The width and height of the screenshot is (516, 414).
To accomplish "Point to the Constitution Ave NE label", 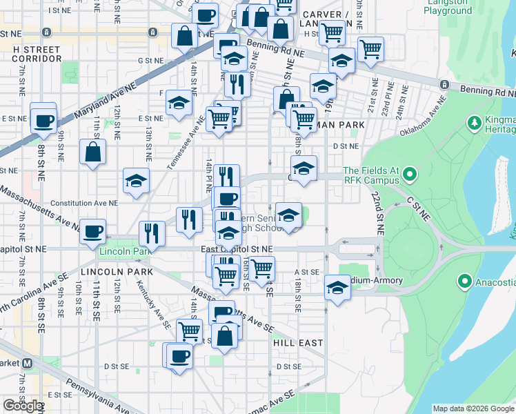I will tap(90, 204).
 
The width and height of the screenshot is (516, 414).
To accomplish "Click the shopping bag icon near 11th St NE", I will tap(92, 152).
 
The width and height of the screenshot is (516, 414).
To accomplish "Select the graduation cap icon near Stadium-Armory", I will tap(337, 288).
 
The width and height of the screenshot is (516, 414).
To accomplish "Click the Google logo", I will tap(23, 405).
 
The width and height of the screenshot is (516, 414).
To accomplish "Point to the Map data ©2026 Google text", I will tap(473, 408).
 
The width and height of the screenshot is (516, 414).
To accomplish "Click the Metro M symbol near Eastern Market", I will tap(28, 363).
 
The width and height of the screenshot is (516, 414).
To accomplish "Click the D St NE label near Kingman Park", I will tap(346, 146).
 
